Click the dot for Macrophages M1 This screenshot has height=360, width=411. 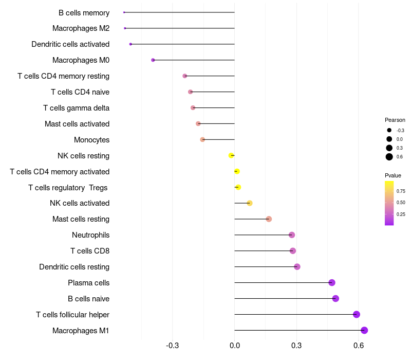[x=364, y=330]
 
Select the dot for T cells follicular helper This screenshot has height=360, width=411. [x=357, y=314]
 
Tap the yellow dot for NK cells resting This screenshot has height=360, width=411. [x=231, y=155]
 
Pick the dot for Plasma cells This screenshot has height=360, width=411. [x=332, y=282]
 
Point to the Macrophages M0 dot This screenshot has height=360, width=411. [x=153, y=60]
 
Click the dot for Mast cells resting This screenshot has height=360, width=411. [x=269, y=219]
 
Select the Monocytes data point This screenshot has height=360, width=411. [x=202, y=139]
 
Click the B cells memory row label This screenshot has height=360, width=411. [x=84, y=13]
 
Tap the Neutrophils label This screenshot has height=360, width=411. [x=90, y=235]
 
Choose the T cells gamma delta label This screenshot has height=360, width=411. [x=76, y=108]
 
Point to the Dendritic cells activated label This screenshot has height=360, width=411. [x=70, y=44]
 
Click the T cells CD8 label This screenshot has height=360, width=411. [x=90, y=251]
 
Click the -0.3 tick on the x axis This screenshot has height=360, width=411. [x=173, y=345]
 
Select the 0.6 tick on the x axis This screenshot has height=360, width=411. [x=359, y=345]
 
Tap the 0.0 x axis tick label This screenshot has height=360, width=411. [x=234, y=345]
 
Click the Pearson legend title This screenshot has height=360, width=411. [x=395, y=120]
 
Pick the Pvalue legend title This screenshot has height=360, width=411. [x=393, y=175]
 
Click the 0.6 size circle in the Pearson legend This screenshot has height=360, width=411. [x=389, y=157]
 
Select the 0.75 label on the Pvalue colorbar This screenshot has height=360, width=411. [x=401, y=191]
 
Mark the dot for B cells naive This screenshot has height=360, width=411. [x=335, y=298]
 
